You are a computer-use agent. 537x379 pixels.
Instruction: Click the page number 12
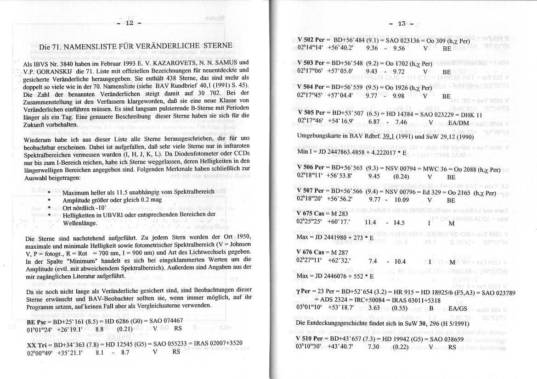tap(129, 23)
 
